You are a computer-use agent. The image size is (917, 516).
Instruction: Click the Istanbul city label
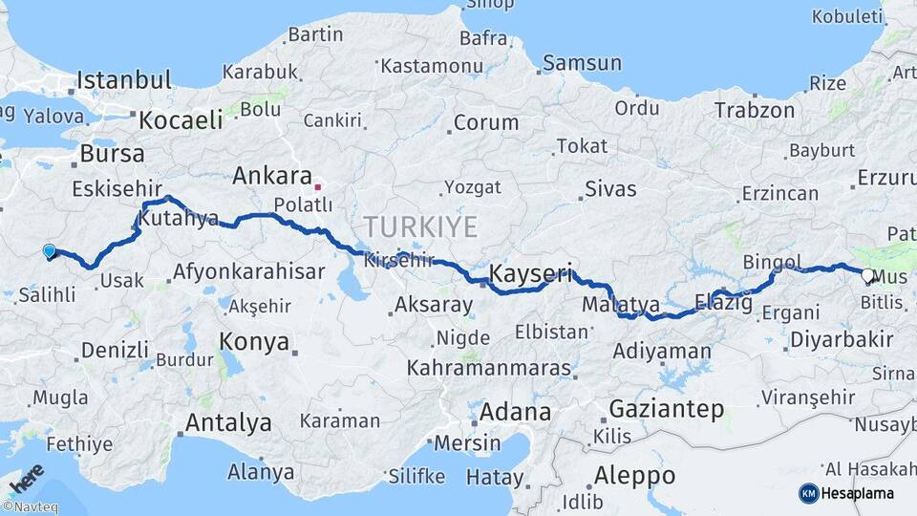[x=124, y=79]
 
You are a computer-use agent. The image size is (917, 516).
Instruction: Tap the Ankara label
[x=272, y=176]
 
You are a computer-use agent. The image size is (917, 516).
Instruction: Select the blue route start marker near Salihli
[x=50, y=251]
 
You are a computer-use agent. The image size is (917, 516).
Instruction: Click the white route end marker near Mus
[x=867, y=276]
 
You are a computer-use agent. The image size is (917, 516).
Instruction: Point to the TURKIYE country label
[x=419, y=226]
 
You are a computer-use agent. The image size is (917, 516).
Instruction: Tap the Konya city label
[x=254, y=341]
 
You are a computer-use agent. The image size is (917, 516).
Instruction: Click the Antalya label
[x=228, y=422]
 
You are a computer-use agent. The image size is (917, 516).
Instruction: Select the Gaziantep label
[x=666, y=408]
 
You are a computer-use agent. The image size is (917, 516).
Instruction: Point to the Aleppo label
[x=634, y=475]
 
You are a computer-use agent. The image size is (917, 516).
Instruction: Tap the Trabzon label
[x=754, y=110]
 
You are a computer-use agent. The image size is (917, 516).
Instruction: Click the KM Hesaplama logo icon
[x=809, y=493]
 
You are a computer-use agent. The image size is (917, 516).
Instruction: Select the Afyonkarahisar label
[x=248, y=272]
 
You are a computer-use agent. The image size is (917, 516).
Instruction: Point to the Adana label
[x=516, y=413]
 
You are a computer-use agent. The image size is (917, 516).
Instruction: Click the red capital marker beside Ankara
[x=318, y=186]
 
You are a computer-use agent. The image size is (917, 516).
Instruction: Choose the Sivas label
[x=609, y=188]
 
